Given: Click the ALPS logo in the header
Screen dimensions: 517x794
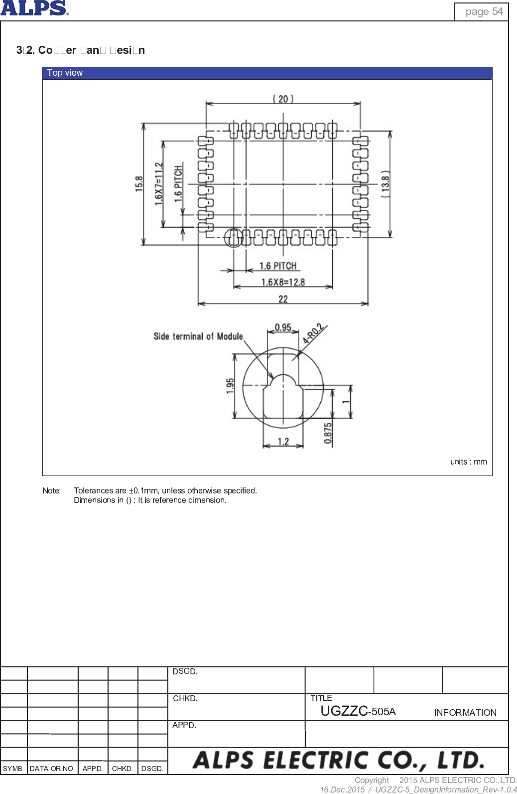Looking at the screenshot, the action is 34,8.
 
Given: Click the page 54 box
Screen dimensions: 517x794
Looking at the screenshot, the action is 481,11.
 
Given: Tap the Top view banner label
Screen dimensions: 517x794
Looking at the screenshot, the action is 65,73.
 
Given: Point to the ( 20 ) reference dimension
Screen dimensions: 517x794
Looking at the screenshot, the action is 283,99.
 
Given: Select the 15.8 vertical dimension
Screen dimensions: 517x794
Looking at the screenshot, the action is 139,184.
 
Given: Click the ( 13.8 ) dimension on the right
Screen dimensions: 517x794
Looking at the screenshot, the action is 385,184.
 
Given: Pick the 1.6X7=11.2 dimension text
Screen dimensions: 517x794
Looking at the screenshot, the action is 158,184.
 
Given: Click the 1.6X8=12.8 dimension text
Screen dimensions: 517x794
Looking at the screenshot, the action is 283,282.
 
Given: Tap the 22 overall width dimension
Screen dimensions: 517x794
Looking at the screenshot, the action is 283,299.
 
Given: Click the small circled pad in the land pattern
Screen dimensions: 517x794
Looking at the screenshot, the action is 233,238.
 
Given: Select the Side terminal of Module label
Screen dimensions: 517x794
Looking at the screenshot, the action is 198,336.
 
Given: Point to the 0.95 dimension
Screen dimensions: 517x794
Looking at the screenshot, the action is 283,327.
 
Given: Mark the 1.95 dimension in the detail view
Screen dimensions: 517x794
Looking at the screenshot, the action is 230,386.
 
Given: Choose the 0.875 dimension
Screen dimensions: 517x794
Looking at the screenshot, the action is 328,433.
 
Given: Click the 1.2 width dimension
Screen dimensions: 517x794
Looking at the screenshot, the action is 283,442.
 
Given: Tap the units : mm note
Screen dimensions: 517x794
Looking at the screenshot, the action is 468,462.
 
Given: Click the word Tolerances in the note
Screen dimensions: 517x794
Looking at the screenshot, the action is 93,490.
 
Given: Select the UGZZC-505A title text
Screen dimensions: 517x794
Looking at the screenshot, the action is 358,711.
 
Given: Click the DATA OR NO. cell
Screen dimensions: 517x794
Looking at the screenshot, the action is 52,769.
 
